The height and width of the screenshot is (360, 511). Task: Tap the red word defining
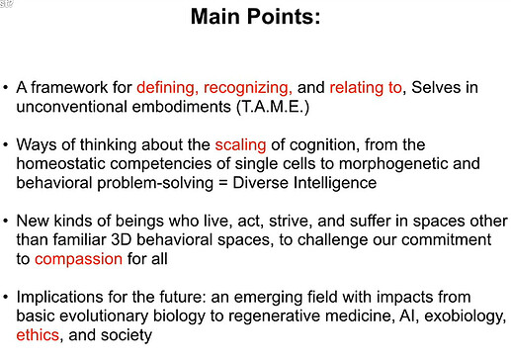coord(174,88)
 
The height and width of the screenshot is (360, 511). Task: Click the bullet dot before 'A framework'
coord(6,88)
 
